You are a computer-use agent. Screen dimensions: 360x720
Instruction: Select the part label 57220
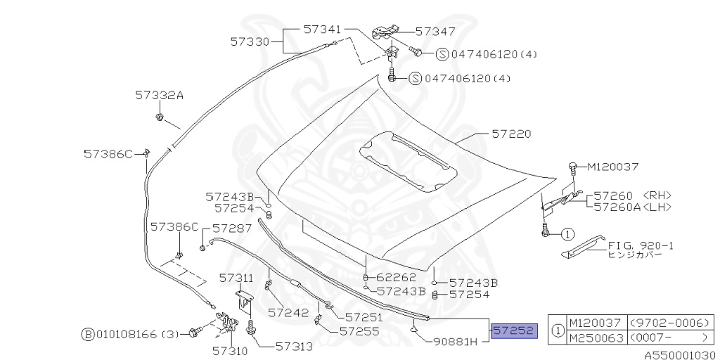tap(511, 133)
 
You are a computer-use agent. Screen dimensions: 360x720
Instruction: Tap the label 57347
tap(435, 32)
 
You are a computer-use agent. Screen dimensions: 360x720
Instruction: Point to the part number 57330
tap(250, 41)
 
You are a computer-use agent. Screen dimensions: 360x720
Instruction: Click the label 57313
tap(294, 345)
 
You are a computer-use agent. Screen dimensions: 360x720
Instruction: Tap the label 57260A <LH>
tap(632, 207)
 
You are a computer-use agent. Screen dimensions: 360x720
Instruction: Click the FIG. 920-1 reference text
tap(641, 245)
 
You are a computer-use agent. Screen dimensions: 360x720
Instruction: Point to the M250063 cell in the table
tap(594, 338)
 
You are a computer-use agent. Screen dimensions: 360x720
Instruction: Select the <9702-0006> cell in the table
tap(668, 323)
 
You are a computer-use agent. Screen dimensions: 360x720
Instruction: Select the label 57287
tap(231, 228)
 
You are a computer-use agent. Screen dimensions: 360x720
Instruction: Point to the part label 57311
tap(236, 278)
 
